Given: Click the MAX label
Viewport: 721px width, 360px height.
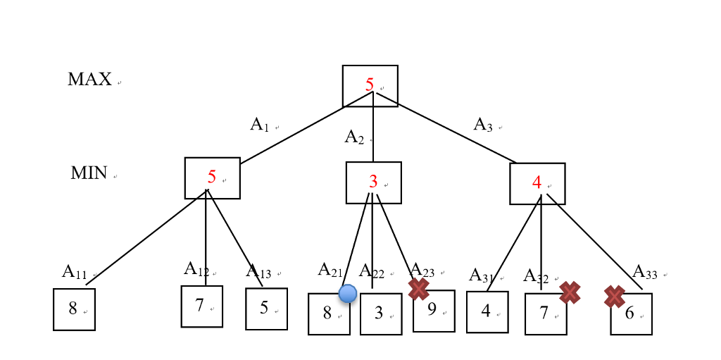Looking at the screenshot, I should pos(89,80).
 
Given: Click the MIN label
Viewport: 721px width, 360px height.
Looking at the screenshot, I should pos(89,173).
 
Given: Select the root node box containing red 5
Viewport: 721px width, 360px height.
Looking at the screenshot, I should pos(370,85).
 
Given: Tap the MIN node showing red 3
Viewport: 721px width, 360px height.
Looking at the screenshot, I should pos(373,182).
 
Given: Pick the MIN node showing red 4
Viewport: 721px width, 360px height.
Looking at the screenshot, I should pos(537,183).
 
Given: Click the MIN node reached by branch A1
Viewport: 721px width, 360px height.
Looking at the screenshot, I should pos(212,178).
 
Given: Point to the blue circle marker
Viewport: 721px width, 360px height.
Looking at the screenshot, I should pos(347,293).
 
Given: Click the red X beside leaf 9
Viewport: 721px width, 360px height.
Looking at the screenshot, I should pos(418,288).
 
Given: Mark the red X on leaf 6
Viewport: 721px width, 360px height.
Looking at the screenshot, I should pos(614,297).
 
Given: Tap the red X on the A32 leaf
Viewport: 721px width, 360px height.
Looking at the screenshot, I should pos(570,292).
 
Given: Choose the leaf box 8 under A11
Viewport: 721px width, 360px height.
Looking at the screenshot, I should pos(74,309).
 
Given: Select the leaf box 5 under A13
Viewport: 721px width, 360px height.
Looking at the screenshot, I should pos(266,309).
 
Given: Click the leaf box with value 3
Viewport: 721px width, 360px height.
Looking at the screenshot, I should pos(381,314).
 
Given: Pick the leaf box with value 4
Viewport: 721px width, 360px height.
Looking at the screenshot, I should pos(487,311).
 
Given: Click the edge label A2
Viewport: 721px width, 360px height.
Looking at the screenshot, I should pos(354,137).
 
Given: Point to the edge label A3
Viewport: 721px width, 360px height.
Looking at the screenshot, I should pos(483,125).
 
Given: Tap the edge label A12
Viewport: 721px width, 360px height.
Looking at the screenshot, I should pos(196,268).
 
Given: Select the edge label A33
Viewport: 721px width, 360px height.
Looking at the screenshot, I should pos(645,271).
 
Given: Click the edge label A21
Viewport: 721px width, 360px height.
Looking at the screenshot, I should pos(330,269).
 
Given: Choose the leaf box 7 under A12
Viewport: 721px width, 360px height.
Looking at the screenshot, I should pos(201,306).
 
